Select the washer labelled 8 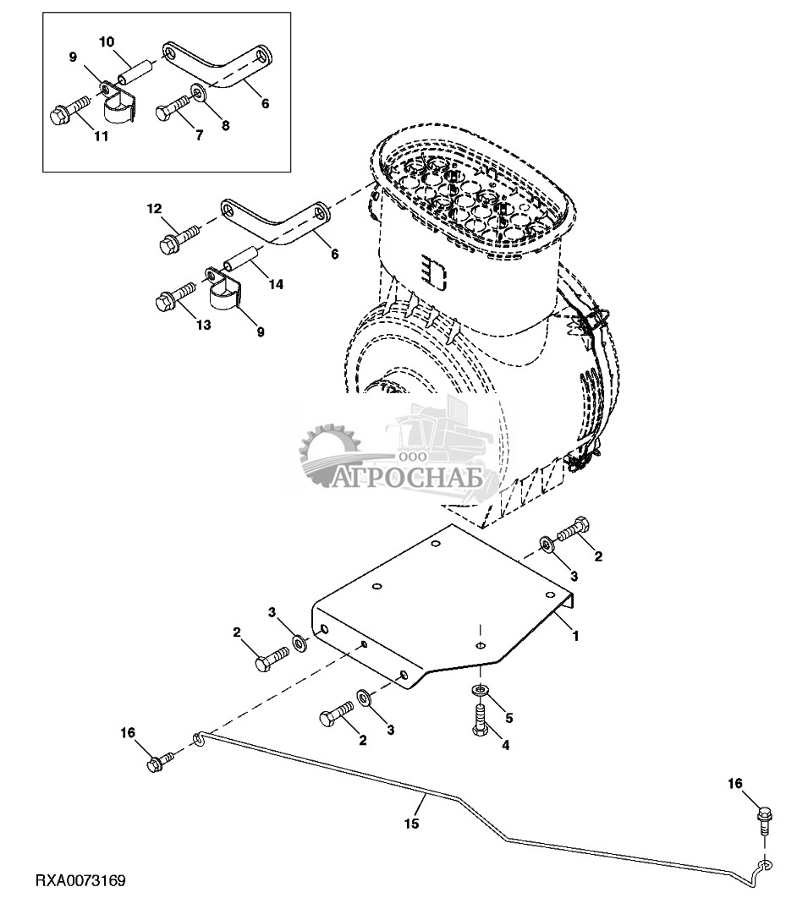coord(196,91)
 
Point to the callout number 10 coord(107,41)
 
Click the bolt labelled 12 coord(177,236)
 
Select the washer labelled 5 coord(480,692)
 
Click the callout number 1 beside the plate coord(575,635)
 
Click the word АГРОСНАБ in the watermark coord(414,480)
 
